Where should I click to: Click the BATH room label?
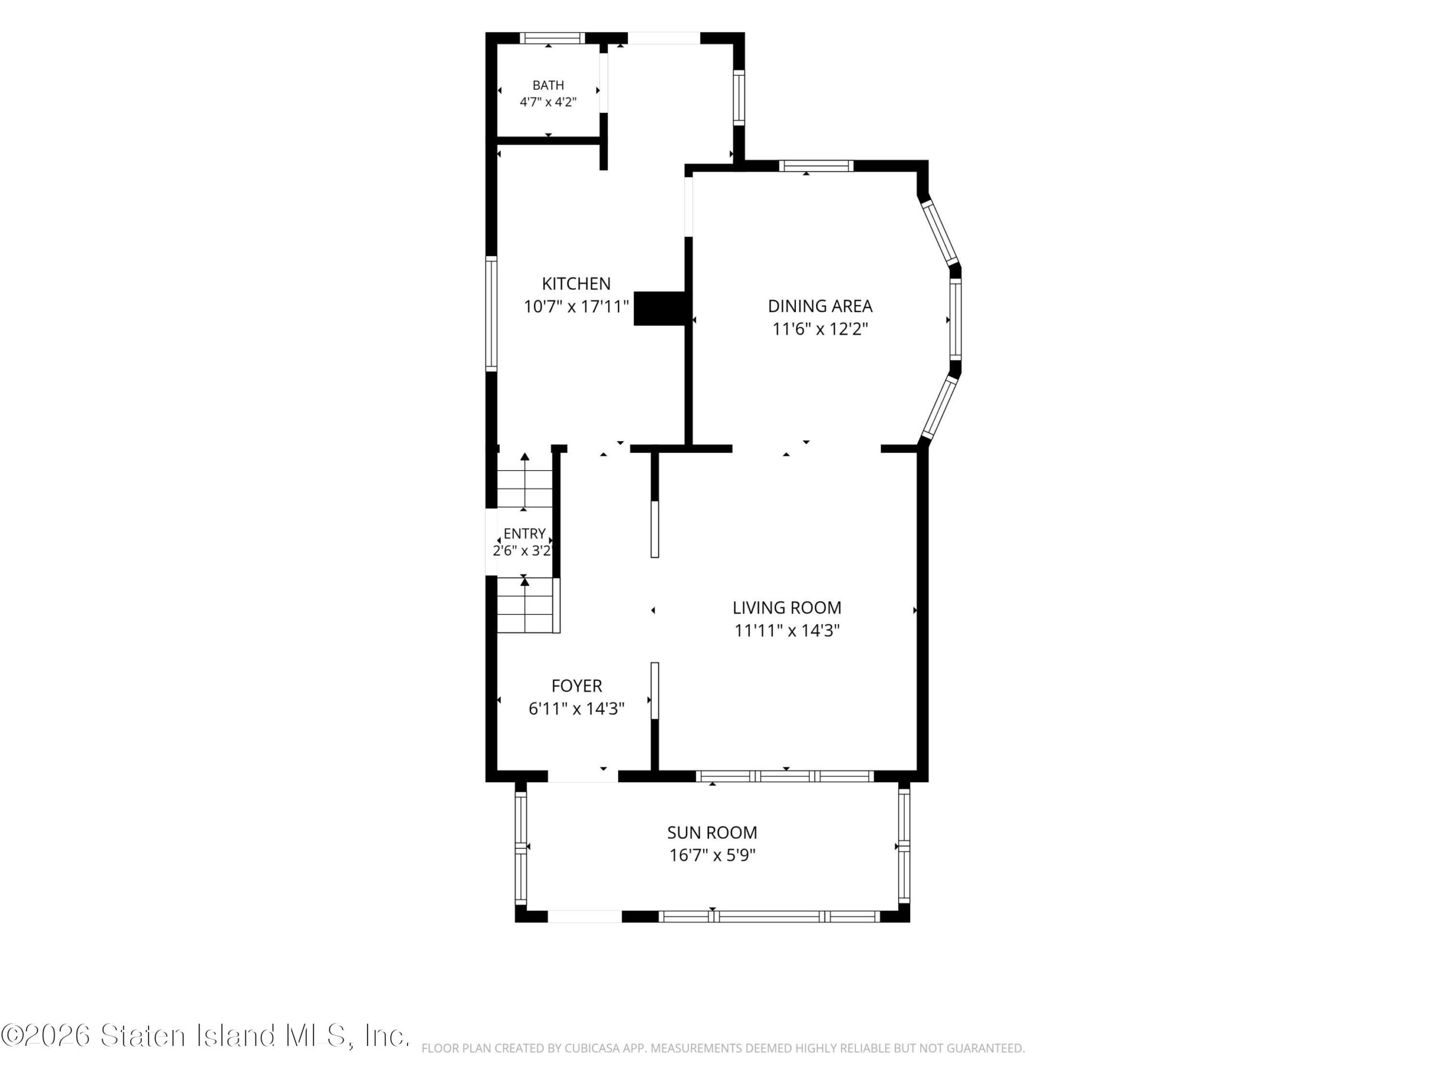548,85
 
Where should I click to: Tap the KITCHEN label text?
577,284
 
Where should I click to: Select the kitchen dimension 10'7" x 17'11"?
577,306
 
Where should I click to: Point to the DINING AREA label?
820,306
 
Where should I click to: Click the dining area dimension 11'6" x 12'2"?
820,329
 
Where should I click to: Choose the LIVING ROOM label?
787,607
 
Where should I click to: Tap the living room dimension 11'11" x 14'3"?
787,631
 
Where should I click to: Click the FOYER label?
577,685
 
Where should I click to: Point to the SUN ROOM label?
712,832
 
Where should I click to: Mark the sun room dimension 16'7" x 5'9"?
712,856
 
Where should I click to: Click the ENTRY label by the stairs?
524,533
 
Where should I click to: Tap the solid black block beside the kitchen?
660,309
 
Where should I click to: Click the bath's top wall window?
553,38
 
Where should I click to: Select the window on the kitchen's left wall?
491,314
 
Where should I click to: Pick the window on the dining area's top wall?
816,166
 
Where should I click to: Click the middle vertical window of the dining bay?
955,319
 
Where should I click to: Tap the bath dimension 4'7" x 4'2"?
548,102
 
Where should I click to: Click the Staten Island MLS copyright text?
205,1035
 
